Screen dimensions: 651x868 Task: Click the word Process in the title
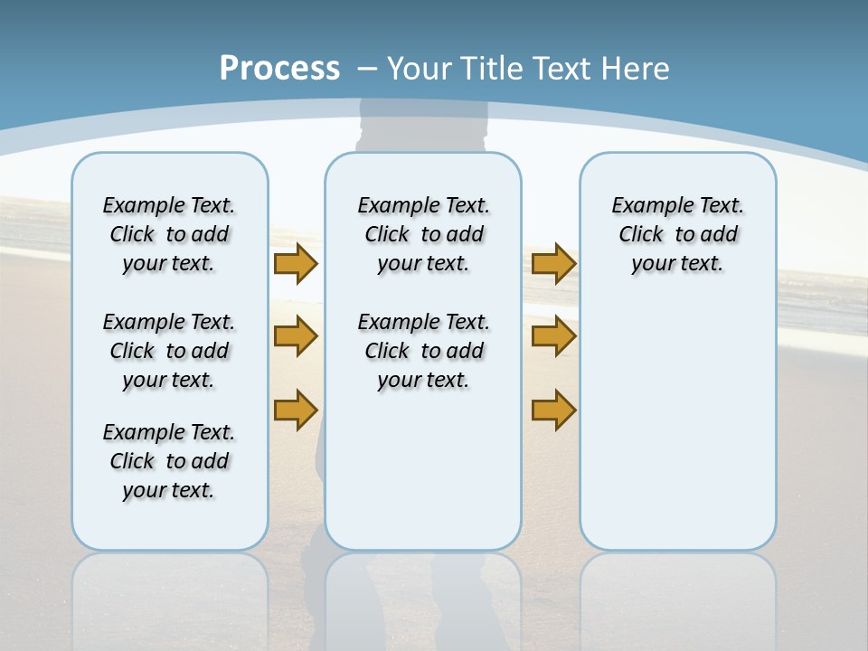[279, 69]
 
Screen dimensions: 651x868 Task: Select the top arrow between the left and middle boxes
[295, 264]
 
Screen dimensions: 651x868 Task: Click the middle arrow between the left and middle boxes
[295, 336]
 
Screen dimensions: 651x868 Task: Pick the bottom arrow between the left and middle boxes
[295, 410]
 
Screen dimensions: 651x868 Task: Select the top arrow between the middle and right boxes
[553, 264]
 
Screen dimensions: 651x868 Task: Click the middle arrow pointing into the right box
[553, 336]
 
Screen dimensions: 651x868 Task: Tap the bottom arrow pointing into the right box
[553, 410]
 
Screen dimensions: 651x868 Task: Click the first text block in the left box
[169, 234]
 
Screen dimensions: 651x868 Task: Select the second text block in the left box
[169, 351]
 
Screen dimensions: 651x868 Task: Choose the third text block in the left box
[169, 461]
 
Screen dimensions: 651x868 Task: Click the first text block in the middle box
[423, 234]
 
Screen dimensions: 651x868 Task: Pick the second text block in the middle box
[423, 351]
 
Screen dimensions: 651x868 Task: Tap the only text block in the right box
[677, 234]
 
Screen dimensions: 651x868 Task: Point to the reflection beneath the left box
[170, 597]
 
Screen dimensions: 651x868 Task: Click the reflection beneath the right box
[678, 597]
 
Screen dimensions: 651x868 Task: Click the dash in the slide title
[367, 69]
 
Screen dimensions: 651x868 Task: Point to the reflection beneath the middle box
[423, 597]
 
